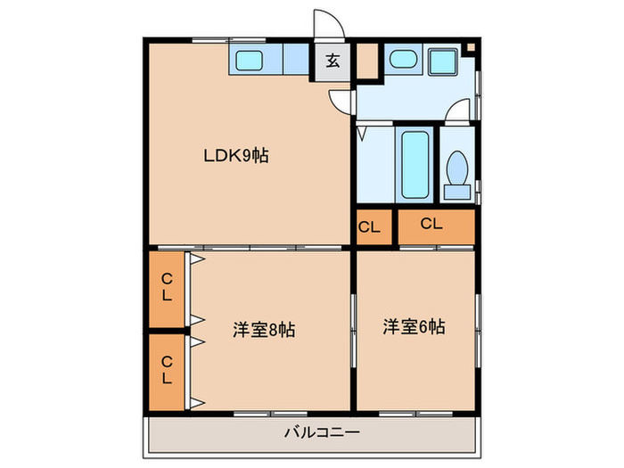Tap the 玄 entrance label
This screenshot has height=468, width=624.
click(x=332, y=62)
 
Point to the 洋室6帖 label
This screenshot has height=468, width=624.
click(x=415, y=326)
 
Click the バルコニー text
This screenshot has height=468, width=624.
click(x=321, y=432)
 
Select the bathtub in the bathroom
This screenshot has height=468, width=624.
click(x=415, y=165)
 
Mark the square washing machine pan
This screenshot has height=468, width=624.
click(x=441, y=61)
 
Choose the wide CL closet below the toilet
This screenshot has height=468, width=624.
click(x=431, y=225)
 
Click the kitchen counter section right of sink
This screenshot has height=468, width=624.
click(x=294, y=61)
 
